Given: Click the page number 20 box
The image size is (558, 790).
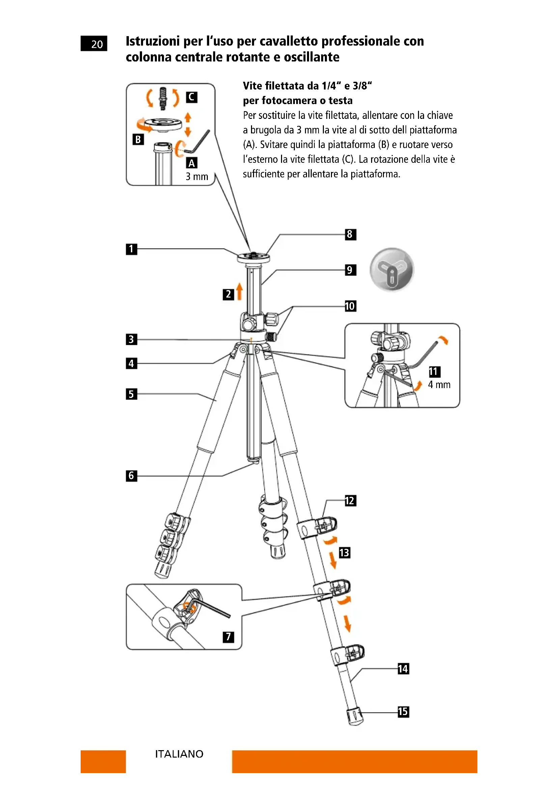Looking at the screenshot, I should pyautogui.click(x=93, y=44).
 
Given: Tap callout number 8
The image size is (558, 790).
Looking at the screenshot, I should pyautogui.click(x=350, y=234).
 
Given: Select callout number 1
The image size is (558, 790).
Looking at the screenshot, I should pyautogui.click(x=131, y=249).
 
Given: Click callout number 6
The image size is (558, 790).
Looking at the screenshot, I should pyautogui.click(x=131, y=476).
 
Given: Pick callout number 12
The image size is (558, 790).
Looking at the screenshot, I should pyautogui.click(x=350, y=501).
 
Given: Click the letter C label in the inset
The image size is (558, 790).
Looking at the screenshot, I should pyautogui.click(x=191, y=97).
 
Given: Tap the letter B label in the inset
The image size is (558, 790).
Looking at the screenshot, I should pyautogui.click(x=138, y=139).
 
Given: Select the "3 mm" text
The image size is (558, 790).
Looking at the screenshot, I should pyautogui.click(x=197, y=177).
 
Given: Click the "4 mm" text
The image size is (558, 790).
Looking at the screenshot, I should pyautogui.click(x=439, y=385).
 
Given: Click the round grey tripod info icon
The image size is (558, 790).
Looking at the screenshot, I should pyautogui.click(x=392, y=270).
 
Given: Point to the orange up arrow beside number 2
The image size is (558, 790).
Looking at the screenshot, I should pyautogui.click(x=240, y=291).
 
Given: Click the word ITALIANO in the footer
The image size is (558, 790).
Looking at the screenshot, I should pyautogui.click(x=179, y=754).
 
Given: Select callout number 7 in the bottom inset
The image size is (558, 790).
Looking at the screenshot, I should pyautogui.click(x=228, y=637).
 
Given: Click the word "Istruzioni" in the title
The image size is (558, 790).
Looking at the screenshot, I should pyautogui.click(x=152, y=41).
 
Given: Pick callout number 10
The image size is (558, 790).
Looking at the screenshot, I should pyautogui.click(x=350, y=306).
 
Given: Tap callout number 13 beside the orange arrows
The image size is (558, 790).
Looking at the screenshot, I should pyautogui.click(x=344, y=553).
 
